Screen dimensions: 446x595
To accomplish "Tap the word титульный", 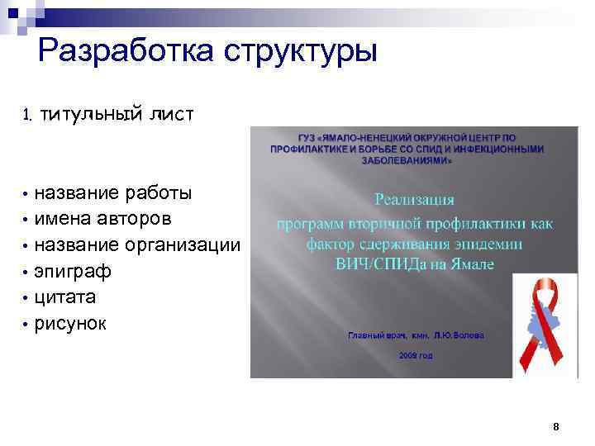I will pyautogui.click(x=88, y=114).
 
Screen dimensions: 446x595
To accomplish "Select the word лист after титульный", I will pyautogui.click(x=170, y=114).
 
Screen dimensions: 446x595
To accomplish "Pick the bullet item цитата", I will pyautogui.click(x=65, y=297).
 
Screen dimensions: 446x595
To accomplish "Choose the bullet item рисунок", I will pyautogui.click(x=69, y=323).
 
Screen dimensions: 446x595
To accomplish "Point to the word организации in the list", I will pyautogui.click(x=184, y=245).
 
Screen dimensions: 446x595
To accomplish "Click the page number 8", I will pyautogui.click(x=556, y=427).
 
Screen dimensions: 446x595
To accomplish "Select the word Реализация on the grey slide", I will pyautogui.click(x=416, y=199).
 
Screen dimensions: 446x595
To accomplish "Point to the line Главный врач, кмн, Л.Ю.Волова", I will pyautogui.click(x=415, y=336).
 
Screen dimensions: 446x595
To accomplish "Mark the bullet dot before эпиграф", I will pyautogui.click(x=26, y=273).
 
